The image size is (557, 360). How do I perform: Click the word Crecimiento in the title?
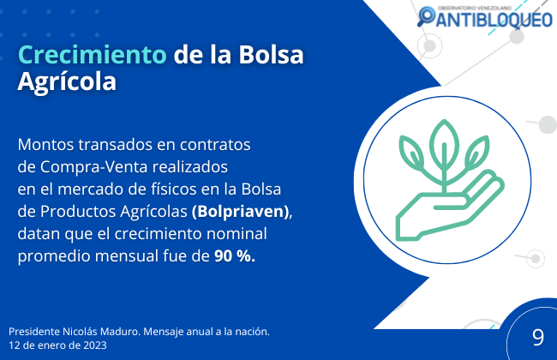(x=92, y=55)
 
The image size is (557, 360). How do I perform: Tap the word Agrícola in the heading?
(x=67, y=82)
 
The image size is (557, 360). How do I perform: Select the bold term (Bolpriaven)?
(x=241, y=212)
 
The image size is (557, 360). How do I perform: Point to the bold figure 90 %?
(x=235, y=256)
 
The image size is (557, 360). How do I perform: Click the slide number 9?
(x=538, y=337)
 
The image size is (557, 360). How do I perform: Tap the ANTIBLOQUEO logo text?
(x=494, y=19)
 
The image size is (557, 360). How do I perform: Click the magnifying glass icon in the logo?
(x=426, y=16)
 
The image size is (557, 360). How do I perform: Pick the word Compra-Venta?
(x=93, y=167)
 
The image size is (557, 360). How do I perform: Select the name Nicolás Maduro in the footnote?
(x=101, y=332)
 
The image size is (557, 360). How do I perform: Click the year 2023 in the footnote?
(x=95, y=345)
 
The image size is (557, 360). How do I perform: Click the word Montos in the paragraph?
(x=45, y=145)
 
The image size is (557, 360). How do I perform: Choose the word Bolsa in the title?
(x=271, y=55)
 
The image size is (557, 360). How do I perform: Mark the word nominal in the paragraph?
(x=237, y=234)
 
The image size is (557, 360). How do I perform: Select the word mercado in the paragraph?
(x=91, y=189)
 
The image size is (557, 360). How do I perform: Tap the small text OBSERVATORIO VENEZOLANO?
(x=474, y=8)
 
